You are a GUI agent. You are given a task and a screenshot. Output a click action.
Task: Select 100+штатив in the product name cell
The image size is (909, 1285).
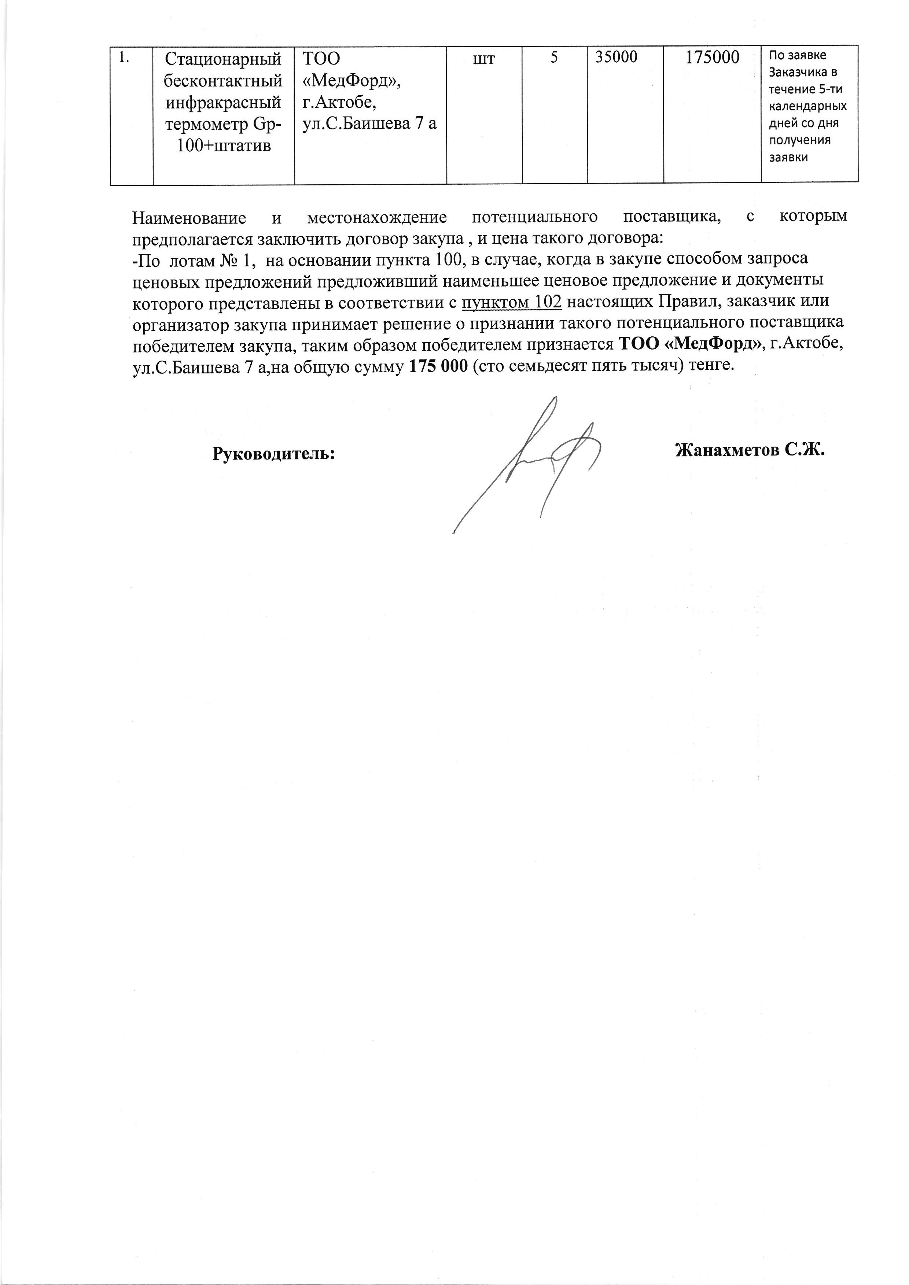pyautogui.click(x=223, y=146)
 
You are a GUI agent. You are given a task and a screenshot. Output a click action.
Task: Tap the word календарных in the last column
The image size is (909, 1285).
pyautogui.click(x=807, y=106)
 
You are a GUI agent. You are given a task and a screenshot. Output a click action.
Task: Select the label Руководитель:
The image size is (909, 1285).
pyautogui.click(x=274, y=453)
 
